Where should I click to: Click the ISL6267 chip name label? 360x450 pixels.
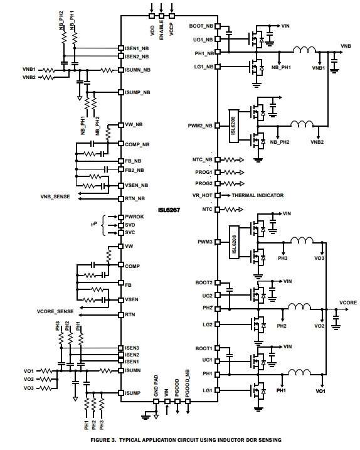point(169,210)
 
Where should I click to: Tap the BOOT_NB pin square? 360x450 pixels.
point(218,26)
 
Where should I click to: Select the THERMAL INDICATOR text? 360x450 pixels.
point(258,195)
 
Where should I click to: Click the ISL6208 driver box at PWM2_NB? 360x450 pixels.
point(233,126)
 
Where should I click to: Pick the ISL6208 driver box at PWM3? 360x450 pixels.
point(234,242)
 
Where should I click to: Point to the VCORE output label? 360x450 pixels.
point(348,303)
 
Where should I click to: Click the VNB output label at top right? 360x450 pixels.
point(346,46)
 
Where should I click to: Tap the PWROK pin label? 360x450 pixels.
point(134,217)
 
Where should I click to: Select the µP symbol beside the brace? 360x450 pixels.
point(94,224)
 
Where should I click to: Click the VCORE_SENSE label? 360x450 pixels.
point(55,311)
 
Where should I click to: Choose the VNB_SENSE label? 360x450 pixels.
point(55,196)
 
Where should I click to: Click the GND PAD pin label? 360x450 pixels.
point(156,386)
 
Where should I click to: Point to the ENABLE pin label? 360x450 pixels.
point(161,30)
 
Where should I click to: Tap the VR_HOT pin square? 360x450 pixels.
point(218,195)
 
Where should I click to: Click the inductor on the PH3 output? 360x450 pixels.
point(302,240)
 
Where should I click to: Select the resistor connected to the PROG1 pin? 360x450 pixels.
point(230,173)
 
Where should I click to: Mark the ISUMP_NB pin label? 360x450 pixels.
point(137,92)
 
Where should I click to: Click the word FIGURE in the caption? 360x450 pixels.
point(100,440)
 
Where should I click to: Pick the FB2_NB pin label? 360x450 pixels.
point(135,170)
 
